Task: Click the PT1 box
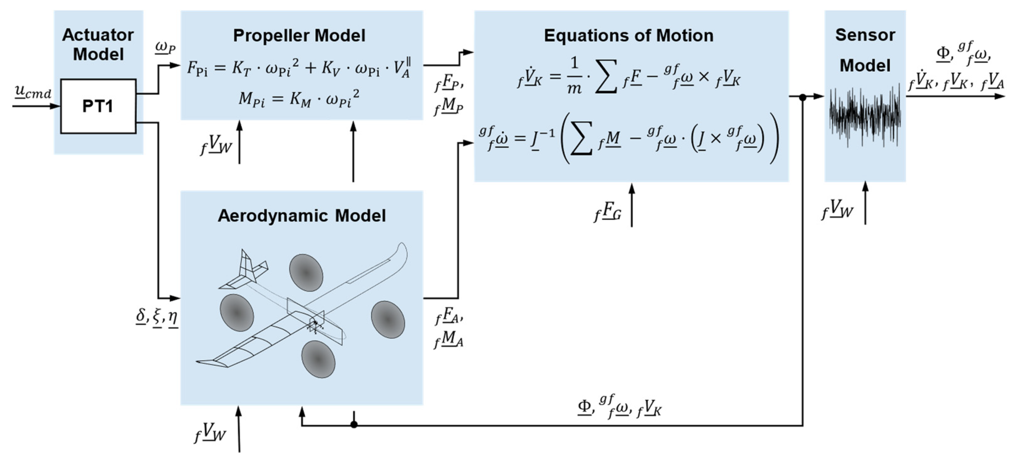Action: coord(98,106)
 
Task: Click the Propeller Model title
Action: coord(299,36)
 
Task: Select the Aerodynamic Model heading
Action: coord(301,216)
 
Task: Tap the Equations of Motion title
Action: coord(628,36)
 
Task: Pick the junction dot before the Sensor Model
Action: coord(803,97)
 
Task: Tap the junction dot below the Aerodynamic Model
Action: coord(354,424)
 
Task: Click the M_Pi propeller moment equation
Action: coord(299,100)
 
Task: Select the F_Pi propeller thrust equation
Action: coord(299,68)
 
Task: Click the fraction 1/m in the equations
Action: coord(574,76)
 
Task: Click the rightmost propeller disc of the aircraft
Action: coord(388,320)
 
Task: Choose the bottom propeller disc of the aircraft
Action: coord(318,359)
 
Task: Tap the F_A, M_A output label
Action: coord(449,328)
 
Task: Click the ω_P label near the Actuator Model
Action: coord(165,47)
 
